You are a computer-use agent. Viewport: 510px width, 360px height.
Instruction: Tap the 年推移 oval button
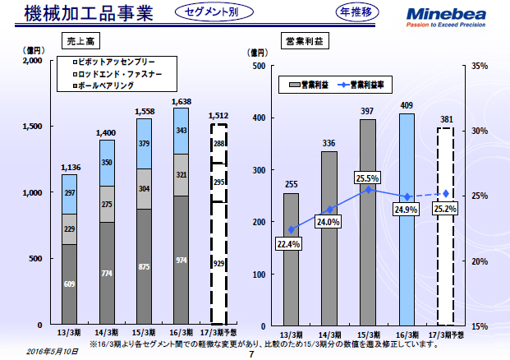pyautogui.click(x=360, y=12)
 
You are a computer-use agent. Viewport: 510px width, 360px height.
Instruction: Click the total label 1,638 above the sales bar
pyautogui.click(x=181, y=102)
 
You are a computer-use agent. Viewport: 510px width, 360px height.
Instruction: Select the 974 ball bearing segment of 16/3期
pyautogui.click(x=181, y=260)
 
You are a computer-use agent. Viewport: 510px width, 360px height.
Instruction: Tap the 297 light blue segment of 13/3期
pyautogui.click(x=69, y=193)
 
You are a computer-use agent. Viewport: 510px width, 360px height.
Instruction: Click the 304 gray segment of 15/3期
pyautogui.click(x=144, y=188)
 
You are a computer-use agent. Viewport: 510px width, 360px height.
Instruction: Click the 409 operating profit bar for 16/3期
pyautogui.click(x=407, y=219)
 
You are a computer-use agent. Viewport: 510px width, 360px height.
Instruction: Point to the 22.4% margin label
pyautogui.click(x=289, y=243)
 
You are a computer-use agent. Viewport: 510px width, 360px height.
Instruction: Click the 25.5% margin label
pyautogui.click(x=368, y=178)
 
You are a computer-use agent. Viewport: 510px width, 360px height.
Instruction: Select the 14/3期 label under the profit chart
pyautogui.click(x=329, y=335)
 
